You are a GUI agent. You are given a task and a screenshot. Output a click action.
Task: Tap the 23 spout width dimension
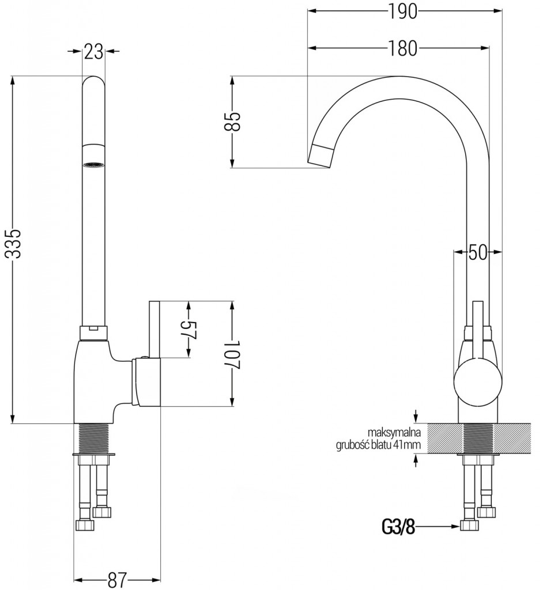tap(93, 52)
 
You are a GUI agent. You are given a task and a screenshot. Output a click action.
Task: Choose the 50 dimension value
tap(477, 252)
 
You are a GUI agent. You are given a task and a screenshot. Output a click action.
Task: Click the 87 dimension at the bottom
tap(117, 580)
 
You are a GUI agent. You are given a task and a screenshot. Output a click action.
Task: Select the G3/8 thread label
tap(398, 526)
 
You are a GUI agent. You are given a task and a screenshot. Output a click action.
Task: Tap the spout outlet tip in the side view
tap(320, 154)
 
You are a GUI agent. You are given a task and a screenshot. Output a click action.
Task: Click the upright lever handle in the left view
tap(154, 328)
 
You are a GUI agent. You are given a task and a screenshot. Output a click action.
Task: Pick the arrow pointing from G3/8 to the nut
tap(438, 526)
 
